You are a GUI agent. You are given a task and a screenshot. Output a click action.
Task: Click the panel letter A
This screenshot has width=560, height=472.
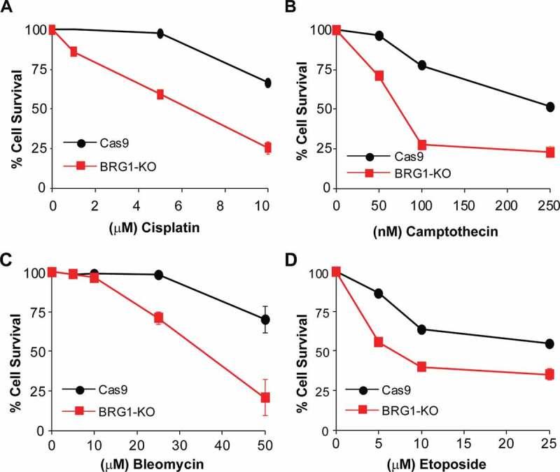[x=7, y=8]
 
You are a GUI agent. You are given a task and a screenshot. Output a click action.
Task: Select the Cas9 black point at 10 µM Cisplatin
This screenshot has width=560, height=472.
[x=267, y=83]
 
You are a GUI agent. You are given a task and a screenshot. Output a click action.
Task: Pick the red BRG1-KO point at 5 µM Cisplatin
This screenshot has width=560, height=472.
[x=160, y=94]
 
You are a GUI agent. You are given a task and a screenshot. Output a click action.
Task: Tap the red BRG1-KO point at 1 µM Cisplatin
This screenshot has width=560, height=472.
[x=73, y=52]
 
